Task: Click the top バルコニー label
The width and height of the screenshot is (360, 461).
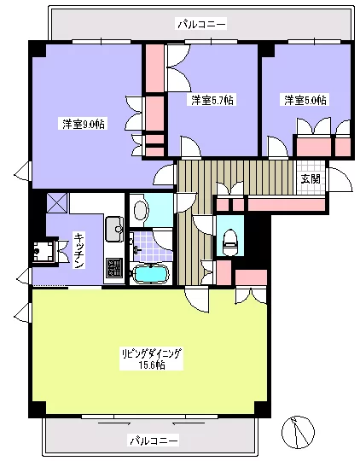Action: pos(201,24)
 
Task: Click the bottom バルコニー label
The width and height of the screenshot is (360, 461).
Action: pos(154,441)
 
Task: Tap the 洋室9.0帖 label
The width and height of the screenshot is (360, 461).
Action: pos(84,124)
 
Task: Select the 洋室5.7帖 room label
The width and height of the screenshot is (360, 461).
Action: pos(212,100)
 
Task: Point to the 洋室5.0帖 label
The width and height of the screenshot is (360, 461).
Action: pos(305,100)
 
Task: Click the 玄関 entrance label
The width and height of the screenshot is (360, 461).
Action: pos(311,178)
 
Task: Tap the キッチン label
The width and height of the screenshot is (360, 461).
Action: pos(78,250)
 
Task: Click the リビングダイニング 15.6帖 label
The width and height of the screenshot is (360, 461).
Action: pos(151,359)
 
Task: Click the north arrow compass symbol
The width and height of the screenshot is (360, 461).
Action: pos(298,432)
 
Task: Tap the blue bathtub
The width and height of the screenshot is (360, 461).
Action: pos(150,274)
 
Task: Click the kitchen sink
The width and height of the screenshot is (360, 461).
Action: pos(114,229)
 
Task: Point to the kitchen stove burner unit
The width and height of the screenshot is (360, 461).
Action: pos(114,267)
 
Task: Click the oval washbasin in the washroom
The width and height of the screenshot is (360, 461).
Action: pos(141,210)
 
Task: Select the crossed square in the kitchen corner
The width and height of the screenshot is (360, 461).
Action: pos(57,203)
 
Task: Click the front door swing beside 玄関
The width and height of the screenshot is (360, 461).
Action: pos(340,179)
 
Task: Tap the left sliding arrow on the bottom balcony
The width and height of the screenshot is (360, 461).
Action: pos(114,423)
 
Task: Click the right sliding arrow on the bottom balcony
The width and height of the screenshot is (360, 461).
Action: pos(189,423)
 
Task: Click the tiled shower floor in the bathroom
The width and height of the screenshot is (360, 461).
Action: pos(151,247)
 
